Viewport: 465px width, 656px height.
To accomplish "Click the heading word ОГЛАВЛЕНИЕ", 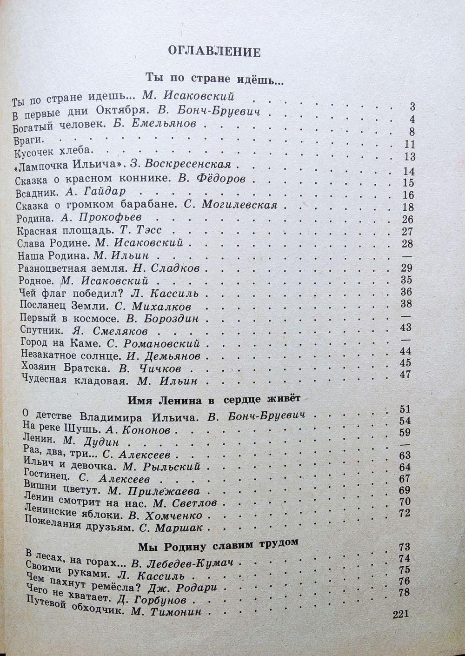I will click(214, 51).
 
